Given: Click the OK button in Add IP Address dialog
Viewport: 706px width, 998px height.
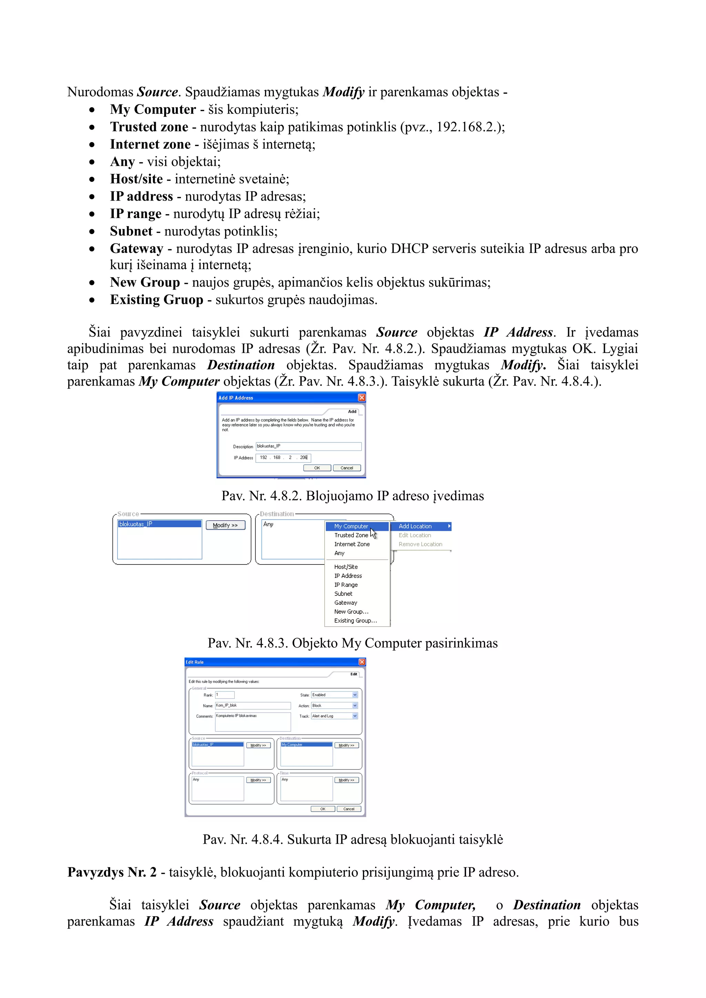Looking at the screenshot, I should (x=317, y=468).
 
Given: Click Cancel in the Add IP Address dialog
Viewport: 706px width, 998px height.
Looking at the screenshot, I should (x=346, y=468).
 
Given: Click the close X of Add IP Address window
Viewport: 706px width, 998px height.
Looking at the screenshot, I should (x=362, y=398).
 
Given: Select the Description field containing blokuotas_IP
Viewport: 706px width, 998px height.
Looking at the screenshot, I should (x=308, y=446).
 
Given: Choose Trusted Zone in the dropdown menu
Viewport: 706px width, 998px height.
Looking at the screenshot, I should (x=351, y=536).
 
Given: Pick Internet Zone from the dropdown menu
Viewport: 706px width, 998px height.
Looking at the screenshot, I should (x=352, y=544).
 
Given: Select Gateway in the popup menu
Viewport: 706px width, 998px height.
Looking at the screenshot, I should (x=346, y=603).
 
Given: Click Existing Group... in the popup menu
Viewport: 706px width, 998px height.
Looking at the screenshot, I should (x=355, y=621).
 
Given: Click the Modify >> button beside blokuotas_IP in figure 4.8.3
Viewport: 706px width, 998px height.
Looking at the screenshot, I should (x=225, y=525).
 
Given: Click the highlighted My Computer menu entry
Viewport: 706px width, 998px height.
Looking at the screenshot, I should (x=351, y=526).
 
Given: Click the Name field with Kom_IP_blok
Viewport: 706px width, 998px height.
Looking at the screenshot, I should (x=253, y=705).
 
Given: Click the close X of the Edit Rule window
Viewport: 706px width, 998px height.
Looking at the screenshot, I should (x=362, y=662).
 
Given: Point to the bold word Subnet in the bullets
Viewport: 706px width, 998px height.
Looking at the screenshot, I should (x=131, y=231).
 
